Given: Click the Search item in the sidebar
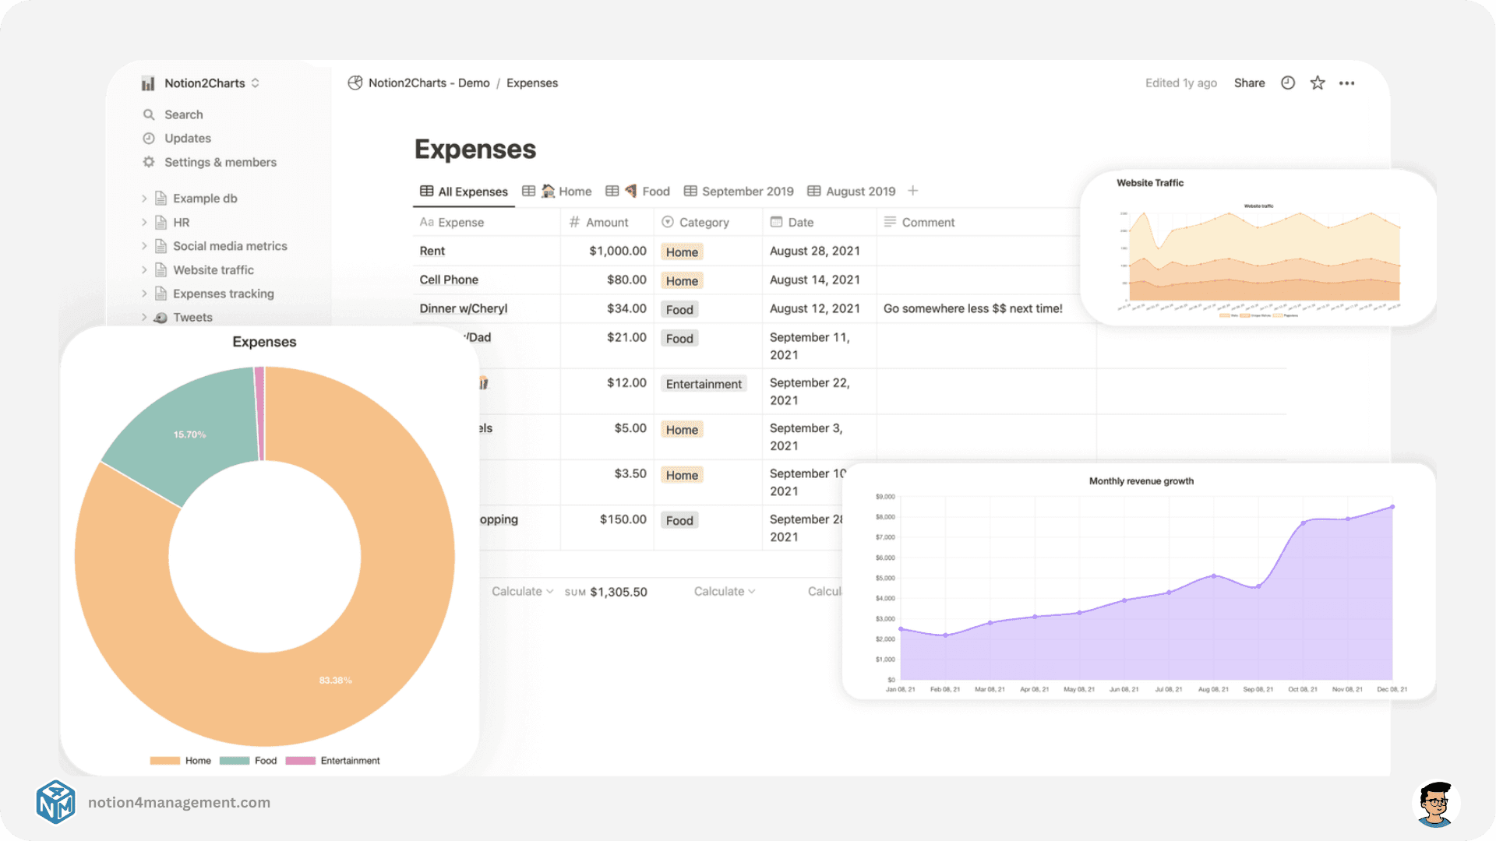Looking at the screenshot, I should pos(183,114).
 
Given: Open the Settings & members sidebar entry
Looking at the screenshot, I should pos(220,162).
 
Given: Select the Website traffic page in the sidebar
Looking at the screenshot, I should pos(213,270).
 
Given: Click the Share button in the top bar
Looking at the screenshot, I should pos(1249,83).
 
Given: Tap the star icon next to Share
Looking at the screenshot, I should pos(1318,83).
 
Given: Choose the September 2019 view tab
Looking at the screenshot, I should pos(746,192).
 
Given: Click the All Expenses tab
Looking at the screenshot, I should pos(472,192).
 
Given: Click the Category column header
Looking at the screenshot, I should pos(704,223).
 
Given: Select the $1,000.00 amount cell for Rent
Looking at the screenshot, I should pos(617,251).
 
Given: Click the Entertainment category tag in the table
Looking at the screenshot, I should pos(703,384).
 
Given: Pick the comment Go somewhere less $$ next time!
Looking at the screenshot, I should pos(972,308).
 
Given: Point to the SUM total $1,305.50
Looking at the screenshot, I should pos(618,592).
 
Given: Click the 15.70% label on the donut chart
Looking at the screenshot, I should pos(189,435).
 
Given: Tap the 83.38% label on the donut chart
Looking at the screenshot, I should pos(335,681).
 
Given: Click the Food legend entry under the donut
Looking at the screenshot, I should pos(265,761).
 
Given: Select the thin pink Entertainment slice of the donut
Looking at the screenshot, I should pos(259,413).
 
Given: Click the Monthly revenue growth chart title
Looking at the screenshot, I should pos(1141,481).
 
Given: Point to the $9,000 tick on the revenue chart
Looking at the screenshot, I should pos(885,497).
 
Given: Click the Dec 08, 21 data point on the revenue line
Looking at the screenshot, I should pos(1392,507).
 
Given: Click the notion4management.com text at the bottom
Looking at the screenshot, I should pos(179,802).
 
